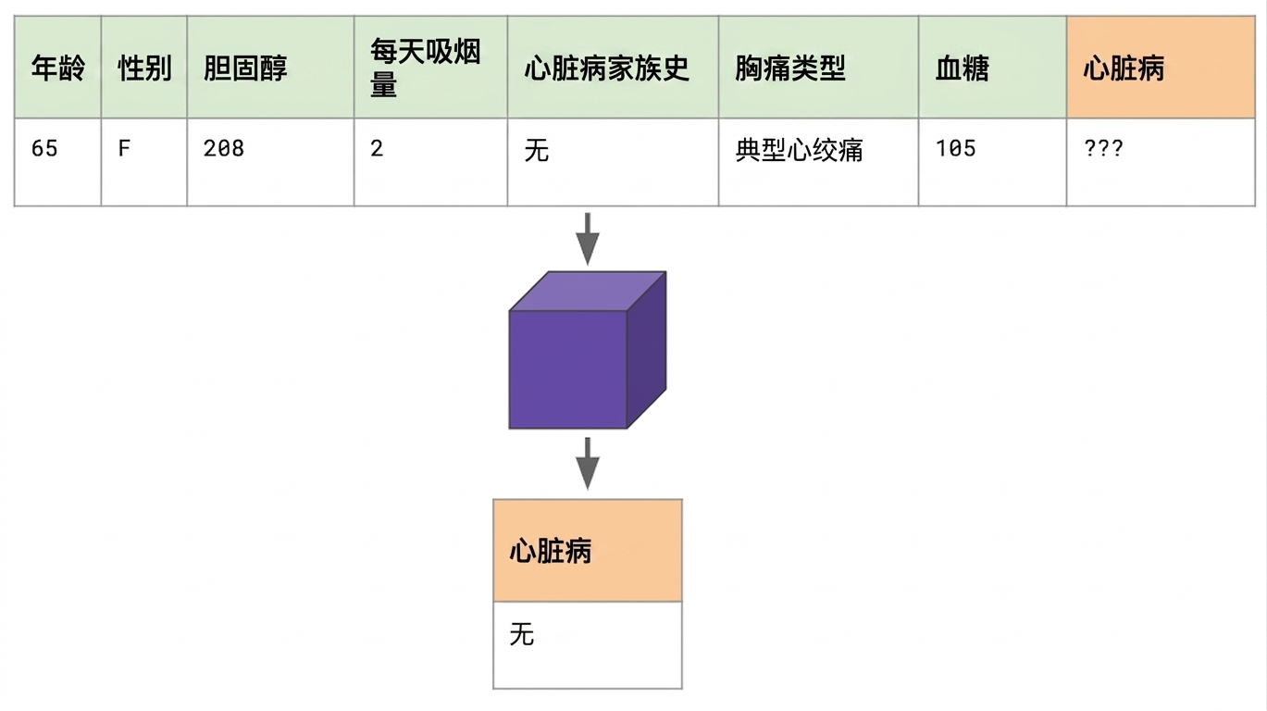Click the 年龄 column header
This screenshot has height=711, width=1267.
57,69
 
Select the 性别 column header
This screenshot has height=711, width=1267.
144,69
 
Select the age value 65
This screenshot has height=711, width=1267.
44,149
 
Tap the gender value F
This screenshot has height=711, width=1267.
124,149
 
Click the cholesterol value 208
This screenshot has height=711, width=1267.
224,149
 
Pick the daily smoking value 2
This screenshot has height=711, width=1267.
377,149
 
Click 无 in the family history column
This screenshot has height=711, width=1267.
536,151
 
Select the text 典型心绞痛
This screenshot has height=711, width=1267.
799,151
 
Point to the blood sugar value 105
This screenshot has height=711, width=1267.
955,149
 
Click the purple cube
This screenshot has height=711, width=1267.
588,350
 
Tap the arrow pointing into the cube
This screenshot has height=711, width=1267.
588,239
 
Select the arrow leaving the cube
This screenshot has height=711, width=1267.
588,463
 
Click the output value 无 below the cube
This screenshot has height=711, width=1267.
521,634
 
